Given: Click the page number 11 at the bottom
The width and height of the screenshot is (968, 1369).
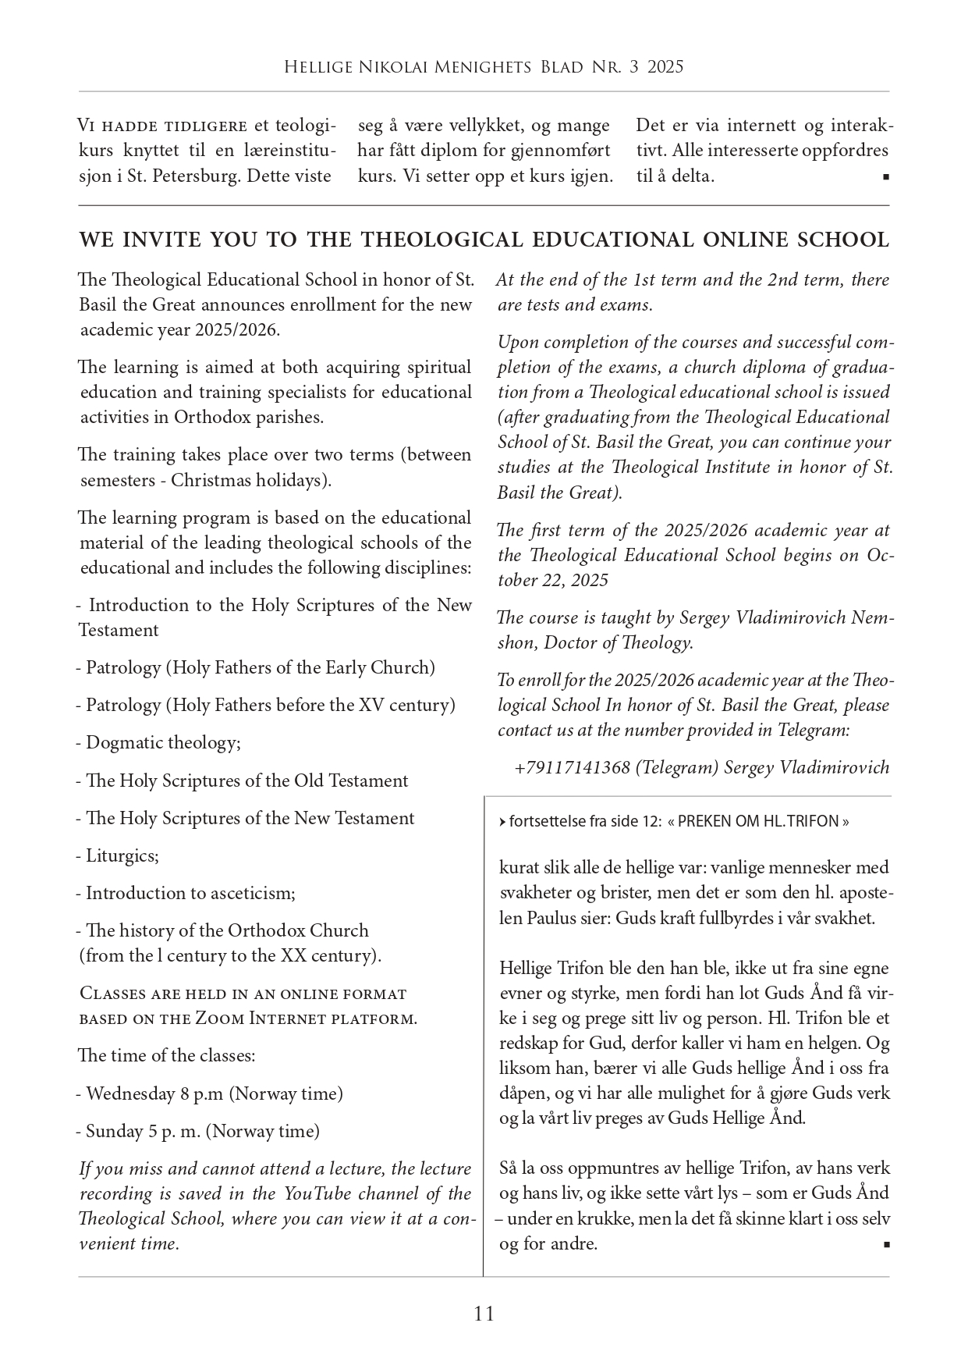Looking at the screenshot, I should coord(484,1314).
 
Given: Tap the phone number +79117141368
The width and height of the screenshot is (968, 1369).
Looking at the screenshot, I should coord(572,767).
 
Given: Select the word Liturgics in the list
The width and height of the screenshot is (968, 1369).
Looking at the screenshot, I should coord(122,855).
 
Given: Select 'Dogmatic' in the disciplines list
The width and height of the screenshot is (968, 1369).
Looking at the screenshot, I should coord(120,742).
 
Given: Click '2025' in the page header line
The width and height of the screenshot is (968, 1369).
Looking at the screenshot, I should coord(665,67).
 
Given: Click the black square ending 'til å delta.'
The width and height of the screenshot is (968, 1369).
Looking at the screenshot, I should coord(886,177).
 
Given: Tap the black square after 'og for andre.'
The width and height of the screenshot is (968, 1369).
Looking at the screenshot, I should coord(886,1245).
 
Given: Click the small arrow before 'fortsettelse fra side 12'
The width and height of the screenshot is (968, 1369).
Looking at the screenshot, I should coord(502,822).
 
